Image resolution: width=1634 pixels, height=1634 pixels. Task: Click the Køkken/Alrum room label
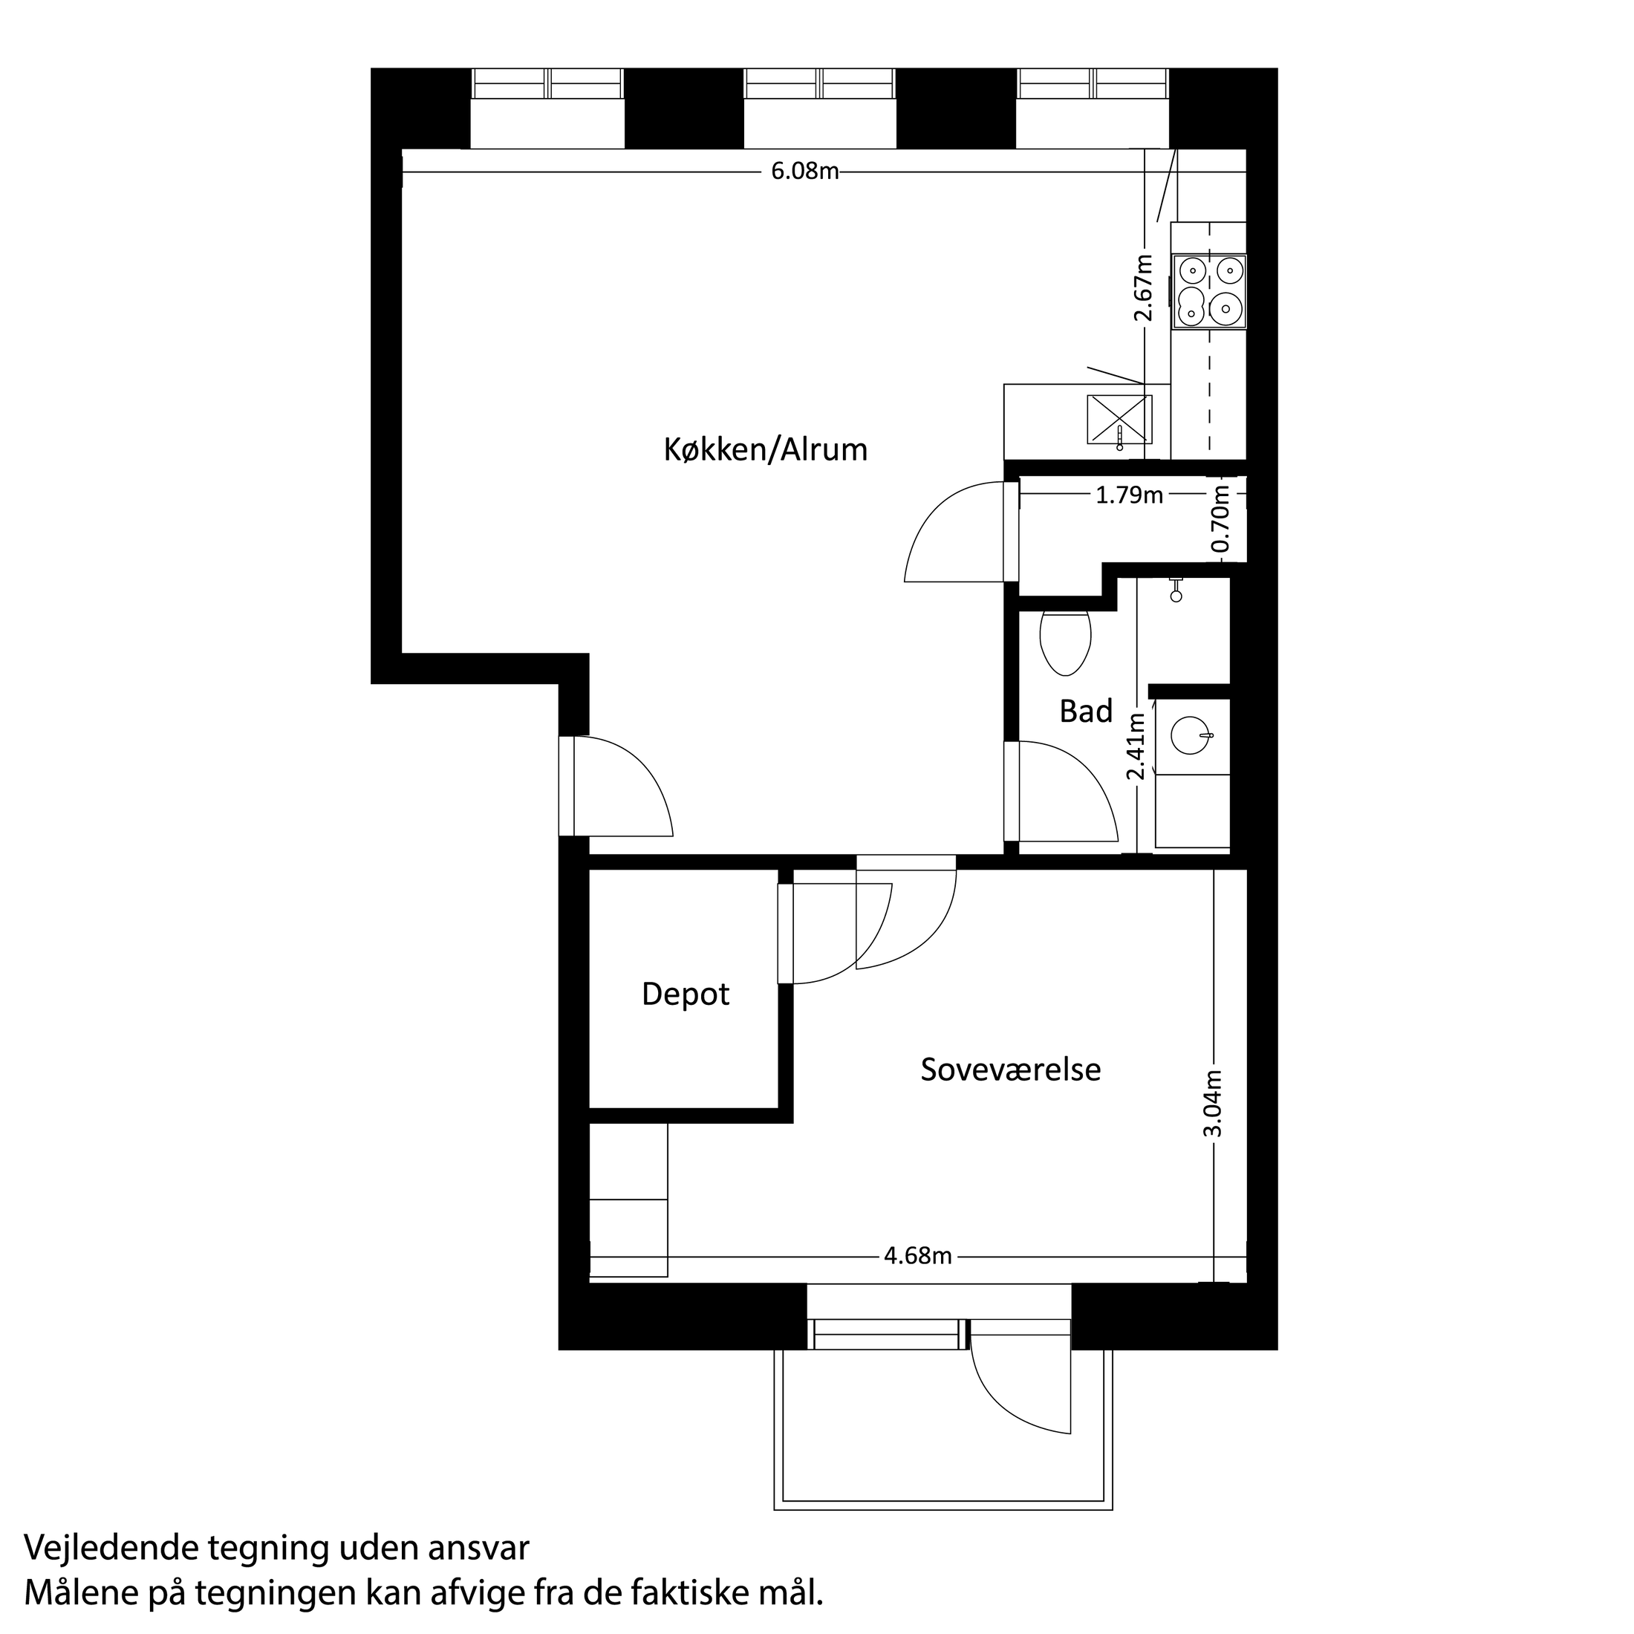(766, 450)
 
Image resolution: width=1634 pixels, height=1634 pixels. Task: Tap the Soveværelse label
(1011, 1070)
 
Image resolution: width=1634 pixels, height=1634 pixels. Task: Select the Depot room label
(685, 994)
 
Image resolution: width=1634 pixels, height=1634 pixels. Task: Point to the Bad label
(1086, 712)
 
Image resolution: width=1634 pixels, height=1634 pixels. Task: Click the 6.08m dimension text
(804, 172)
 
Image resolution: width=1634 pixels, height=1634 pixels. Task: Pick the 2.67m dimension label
(1144, 287)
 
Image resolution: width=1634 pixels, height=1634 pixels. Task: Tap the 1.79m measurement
(1129, 495)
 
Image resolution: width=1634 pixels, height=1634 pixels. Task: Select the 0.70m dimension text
(1220, 518)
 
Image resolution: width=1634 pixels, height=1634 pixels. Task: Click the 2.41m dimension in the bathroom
(1136, 746)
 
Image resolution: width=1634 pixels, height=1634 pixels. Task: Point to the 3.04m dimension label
(1213, 1104)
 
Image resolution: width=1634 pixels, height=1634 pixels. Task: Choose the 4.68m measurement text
(918, 1256)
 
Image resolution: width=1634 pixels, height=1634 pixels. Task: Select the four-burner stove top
(1208, 292)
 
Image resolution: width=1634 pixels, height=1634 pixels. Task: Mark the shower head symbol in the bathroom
(1176, 592)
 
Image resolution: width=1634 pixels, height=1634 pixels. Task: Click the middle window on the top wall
(818, 85)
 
